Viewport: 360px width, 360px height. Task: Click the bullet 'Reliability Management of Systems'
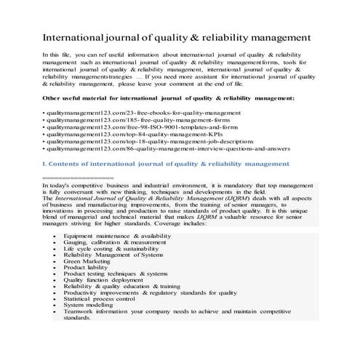click(x=108, y=255)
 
